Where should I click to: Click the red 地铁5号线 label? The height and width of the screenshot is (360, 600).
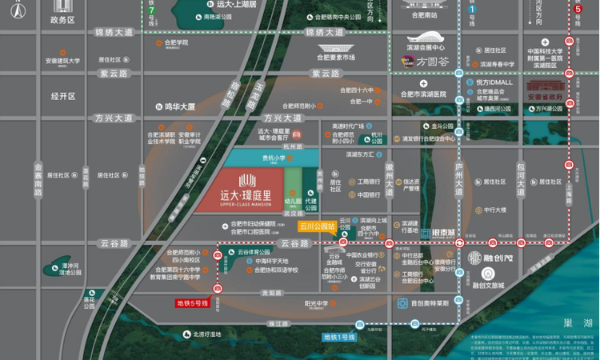coord(192,303)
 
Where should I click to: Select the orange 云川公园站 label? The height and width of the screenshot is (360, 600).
coord(317,226)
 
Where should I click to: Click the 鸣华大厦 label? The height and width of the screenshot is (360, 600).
coord(180,106)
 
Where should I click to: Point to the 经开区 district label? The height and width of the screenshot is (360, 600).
coord(62,96)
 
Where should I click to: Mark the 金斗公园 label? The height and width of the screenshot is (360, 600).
coord(442,126)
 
